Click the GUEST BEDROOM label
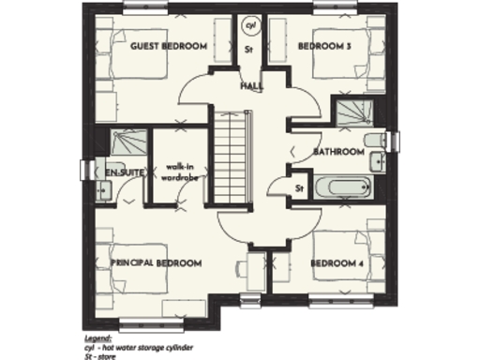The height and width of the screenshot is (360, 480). pos(169,46)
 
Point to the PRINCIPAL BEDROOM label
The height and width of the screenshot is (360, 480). pos(157,263)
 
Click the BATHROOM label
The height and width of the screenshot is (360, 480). pos(338,151)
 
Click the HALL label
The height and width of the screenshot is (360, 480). pos(251,86)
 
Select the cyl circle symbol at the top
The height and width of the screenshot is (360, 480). pos(250,25)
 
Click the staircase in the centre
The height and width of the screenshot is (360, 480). pos(230,153)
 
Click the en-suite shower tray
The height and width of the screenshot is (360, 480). pos(125,143)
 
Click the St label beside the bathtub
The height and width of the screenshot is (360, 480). pos(299,188)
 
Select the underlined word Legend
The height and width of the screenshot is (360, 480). pos(96,335)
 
